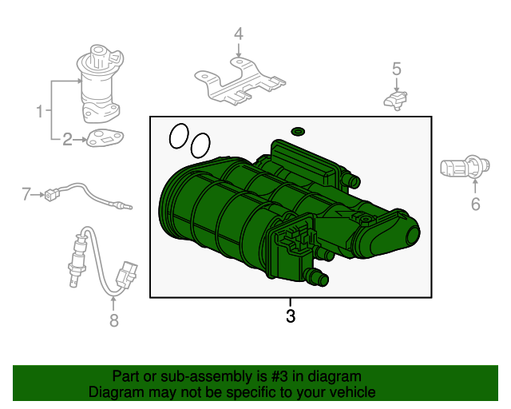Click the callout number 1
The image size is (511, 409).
click(x=39, y=111)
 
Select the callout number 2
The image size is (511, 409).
click(x=67, y=140)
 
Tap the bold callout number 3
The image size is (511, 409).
click(x=291, y=316)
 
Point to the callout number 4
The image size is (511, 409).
click(x=239, y=34)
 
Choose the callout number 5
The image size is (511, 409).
click(x=396, y=69)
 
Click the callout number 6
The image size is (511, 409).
click(x=476, y=204)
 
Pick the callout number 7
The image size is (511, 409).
click(x=26, y=194)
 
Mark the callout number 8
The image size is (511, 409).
click(x=113, y=320)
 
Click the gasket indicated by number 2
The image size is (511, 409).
click(x=105, y=138)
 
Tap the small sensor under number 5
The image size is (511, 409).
click(x=395, y=100)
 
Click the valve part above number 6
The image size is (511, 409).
click(x=465, y=167)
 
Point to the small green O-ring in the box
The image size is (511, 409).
click(x=298, y=132)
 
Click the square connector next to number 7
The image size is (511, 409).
click(x=50, y=195)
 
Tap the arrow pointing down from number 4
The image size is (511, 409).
click(x=239, y=50)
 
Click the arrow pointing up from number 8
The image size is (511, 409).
click(x=113, y=304)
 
